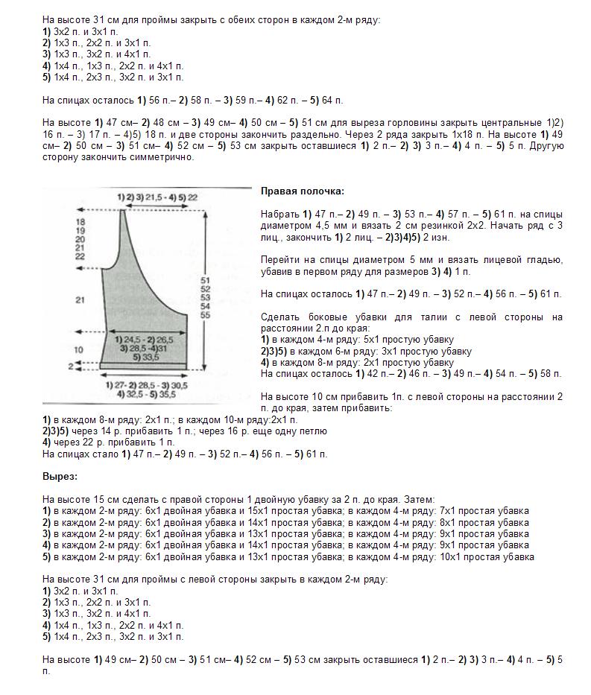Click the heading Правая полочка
click(291, 191)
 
